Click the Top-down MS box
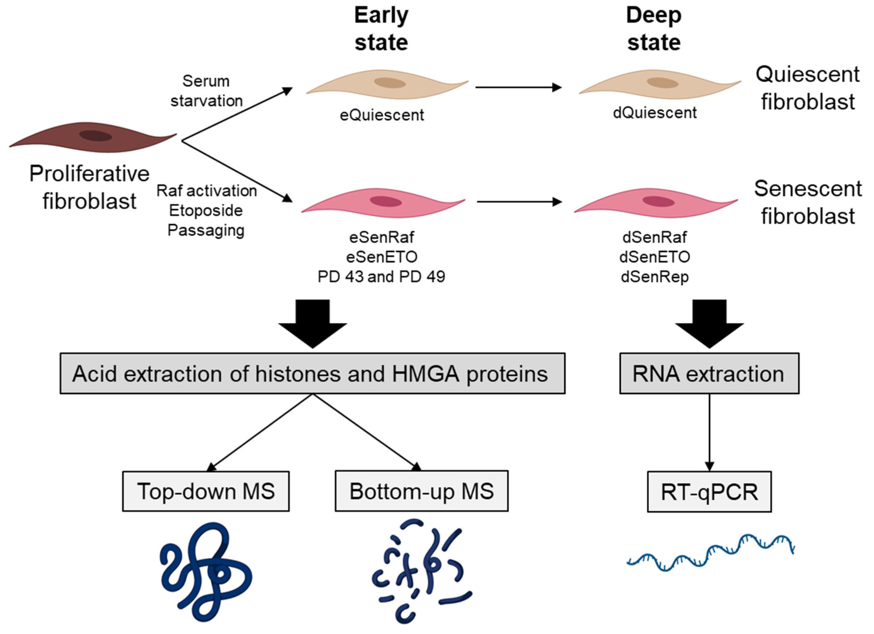pos(206,491)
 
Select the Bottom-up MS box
pos(421,491)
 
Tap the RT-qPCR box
pos(709,492)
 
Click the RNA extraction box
pos(709,373)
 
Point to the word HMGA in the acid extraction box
pos(425,373)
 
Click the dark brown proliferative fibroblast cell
pos(92,137)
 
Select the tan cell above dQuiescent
pos(660,85)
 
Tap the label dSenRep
pos(655,276)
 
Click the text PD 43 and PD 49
pos(381,276)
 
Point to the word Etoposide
pos(206,210)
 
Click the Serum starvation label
pos(206,91)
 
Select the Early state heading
pos(381,29)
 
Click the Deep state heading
pos(654,29)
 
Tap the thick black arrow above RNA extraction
pos(709,323)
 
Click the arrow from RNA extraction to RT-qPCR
pos(709,431)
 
